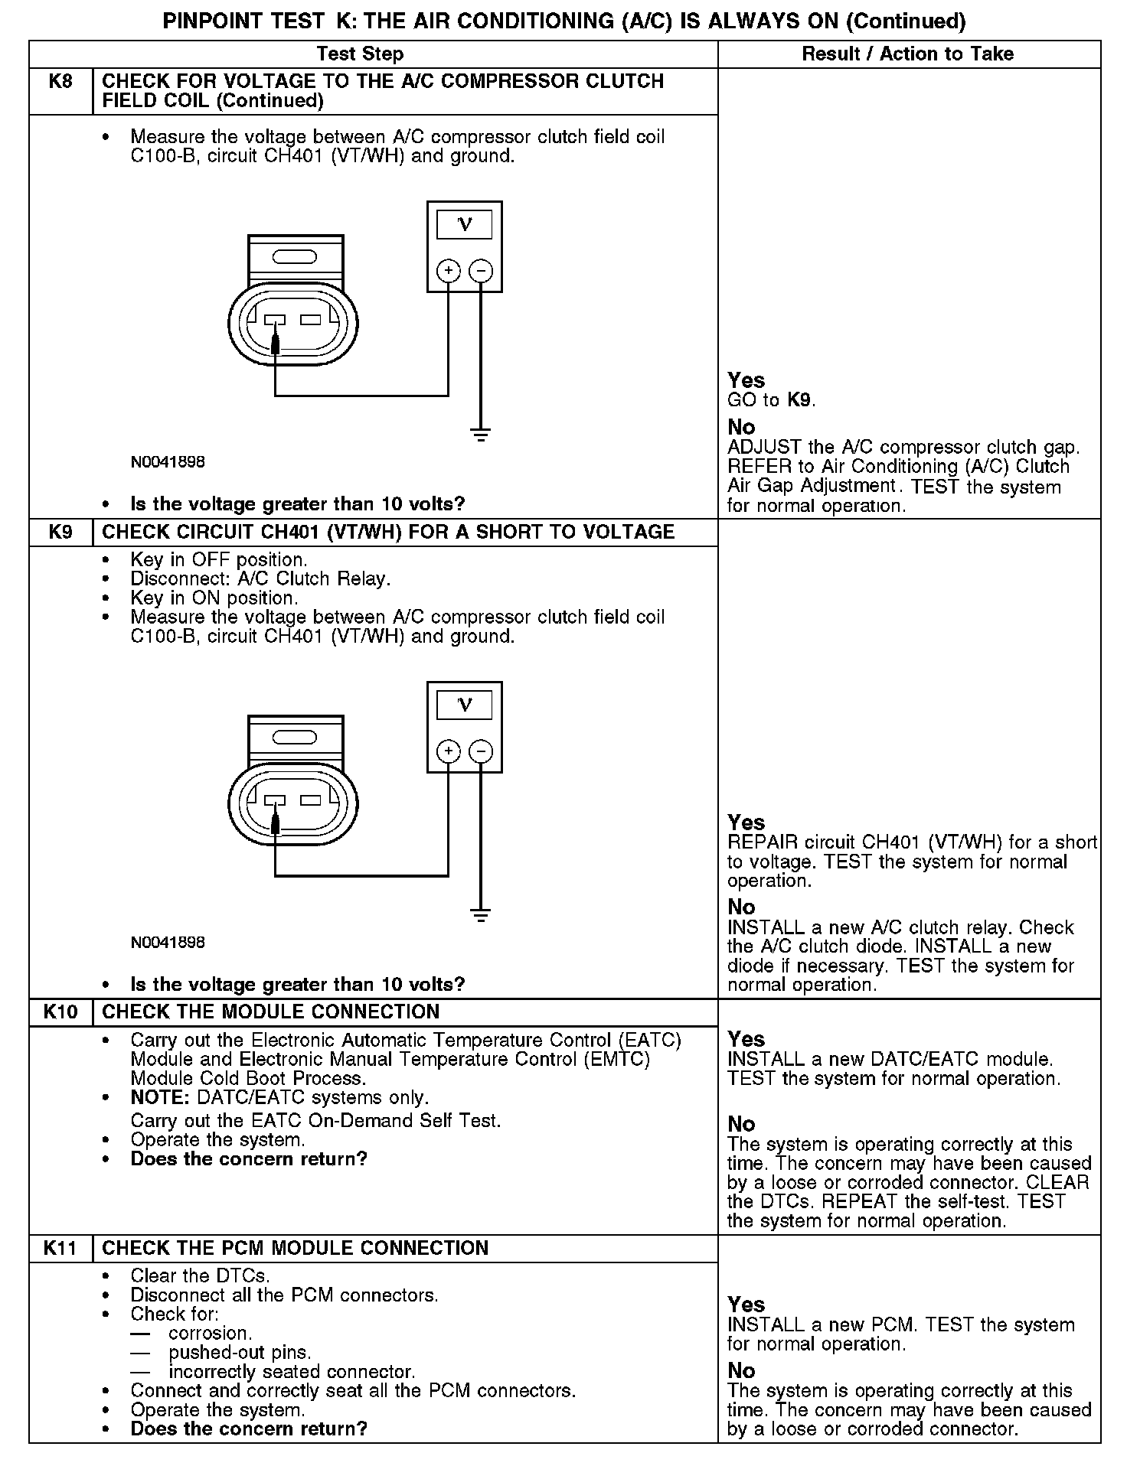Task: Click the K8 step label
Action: pyautogui.click(x=60, y=82)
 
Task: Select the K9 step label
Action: pyautogui.click(x=60, y=532)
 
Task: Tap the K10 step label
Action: pyautogui.click(x=60, y=1012)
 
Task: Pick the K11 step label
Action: pyautogui.click(x=60, y=1248)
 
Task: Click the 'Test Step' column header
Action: pyautogui.click(x=360, y=54)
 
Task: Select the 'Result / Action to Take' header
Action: pyautogui.click(x=907, y=54)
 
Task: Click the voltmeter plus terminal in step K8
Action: pyautogui.click(x=448, y=270)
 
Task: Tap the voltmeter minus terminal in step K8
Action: pyautogui.click(x=481, y=270)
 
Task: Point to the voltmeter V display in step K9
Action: pyautogui.click(x=464, y=705)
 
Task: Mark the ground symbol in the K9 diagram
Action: pyautogui.click(x=481, y=915)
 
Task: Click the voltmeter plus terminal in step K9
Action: pyautogui.click(x=448, y=751)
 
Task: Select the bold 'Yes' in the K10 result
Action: pyautogui.click(x=746, y=1039)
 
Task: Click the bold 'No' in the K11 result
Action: pyautogui.click(x=741, y=1370)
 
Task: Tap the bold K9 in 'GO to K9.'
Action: pyautogui.click(x=799, y=400)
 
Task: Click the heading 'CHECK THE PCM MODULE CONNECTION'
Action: pyautogui.click(x=295, y=1248)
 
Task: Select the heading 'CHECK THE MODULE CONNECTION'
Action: pyautogui.click(x=270, y=1012)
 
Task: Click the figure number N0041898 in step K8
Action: pyautogui.click(x=168, y=462)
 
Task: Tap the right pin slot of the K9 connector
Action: pyautogui.click(x=311, y=800)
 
